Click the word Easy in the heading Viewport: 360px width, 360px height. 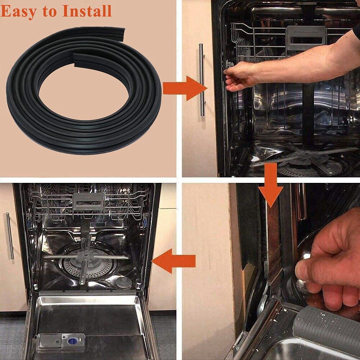(18, 12)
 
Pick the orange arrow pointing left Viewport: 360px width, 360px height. (174, 261)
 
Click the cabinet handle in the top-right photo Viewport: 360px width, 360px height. (202, 80)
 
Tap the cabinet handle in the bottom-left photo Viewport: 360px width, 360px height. (10, 236)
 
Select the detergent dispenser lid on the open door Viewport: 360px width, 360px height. (50, 341)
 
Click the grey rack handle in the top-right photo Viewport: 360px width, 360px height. (303, 38)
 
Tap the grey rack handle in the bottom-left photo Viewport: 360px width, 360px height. (88, 201)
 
